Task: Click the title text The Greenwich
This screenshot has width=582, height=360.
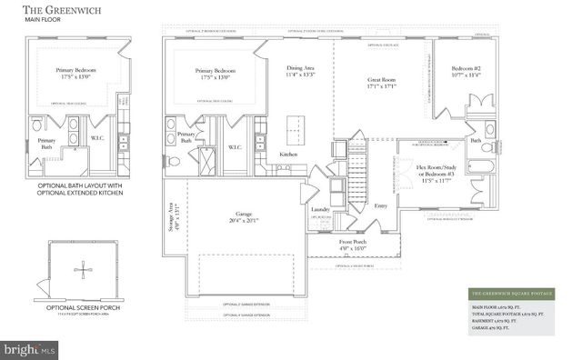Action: coord(61,13)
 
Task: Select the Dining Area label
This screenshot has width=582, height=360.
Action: coord(301,70)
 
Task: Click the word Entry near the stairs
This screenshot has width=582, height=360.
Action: coord(380,205)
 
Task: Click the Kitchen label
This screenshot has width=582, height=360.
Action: coord(288,155)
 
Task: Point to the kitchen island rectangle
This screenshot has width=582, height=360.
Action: coord(294,125)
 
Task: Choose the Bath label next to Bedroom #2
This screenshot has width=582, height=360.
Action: coord(476,140)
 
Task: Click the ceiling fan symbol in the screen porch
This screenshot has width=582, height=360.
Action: coord(82,270)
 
